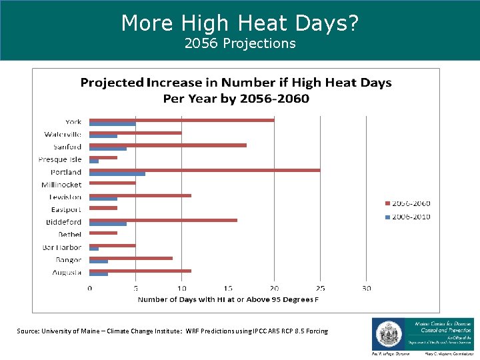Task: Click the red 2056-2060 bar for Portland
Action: point(205,170)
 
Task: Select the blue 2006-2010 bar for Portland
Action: point(117,174)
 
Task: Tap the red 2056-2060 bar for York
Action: point(181,120)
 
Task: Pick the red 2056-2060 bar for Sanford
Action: point(168,145)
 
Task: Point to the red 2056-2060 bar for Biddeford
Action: point(163,219)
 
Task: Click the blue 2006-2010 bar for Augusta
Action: point(99,274)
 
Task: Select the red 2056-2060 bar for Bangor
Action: point(131,257)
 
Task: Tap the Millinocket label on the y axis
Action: point(61,185)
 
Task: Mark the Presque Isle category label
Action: point(60,159)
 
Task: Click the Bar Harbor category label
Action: point(62,247)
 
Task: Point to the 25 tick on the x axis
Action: point(320,288)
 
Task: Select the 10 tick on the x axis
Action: point(181,288)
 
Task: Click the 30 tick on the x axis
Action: point(366,288)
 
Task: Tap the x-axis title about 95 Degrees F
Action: point(228,299)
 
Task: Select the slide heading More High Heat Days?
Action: point(239,23)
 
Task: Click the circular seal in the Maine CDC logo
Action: point(386,333)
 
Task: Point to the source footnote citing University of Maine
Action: point(173,331)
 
